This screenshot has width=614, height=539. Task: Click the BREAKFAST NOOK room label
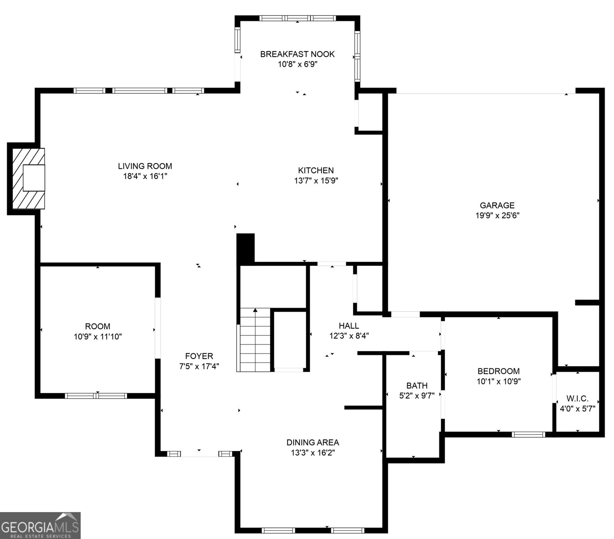tap(297, 54)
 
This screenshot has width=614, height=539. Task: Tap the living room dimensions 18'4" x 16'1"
tap(145, 177)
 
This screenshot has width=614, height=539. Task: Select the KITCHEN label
tap(316, 170)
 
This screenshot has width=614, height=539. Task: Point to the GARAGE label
tap(497, 205)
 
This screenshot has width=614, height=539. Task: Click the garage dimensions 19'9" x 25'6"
tap(497, 216)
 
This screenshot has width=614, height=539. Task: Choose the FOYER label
tap(199, 356)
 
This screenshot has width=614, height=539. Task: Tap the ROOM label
tap(97, 326)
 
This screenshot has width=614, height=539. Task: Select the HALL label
tap(349, 326)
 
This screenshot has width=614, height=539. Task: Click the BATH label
tap(417, 385)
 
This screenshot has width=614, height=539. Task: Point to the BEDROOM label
tap(498, 371)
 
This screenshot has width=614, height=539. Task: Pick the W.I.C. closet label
tap(577, 398)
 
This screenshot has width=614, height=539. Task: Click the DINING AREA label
tap(313, 442)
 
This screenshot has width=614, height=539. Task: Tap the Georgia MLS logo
tap(40, 525)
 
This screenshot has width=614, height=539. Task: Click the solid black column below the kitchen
tap(246, 248)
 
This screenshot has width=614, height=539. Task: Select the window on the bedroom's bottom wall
tap(528, 434)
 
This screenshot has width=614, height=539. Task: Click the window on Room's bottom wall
tap(96, 396)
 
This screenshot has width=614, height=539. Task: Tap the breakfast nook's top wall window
tap(298, 18)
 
